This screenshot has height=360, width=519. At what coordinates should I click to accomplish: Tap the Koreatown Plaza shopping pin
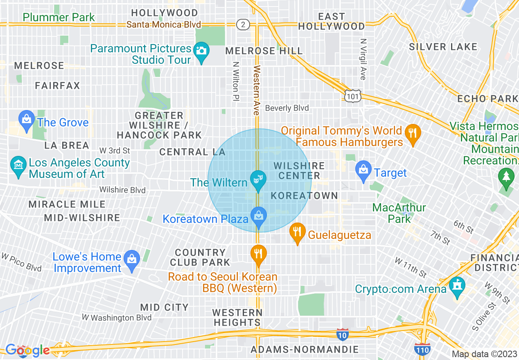(258, 216)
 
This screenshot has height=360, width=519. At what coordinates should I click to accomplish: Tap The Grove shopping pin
(27, 120)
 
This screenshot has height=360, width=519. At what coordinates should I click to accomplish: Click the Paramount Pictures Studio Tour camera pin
(201, 52)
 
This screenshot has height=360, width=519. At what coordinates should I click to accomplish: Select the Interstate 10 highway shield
(342, 334)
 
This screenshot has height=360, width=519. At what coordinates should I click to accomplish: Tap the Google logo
(27, 350)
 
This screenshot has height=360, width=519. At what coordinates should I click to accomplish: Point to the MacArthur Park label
(399, 213)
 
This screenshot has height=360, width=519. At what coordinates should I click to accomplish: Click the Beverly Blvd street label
(287, 108)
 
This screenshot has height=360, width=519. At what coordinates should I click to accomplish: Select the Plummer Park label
(59, 17)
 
